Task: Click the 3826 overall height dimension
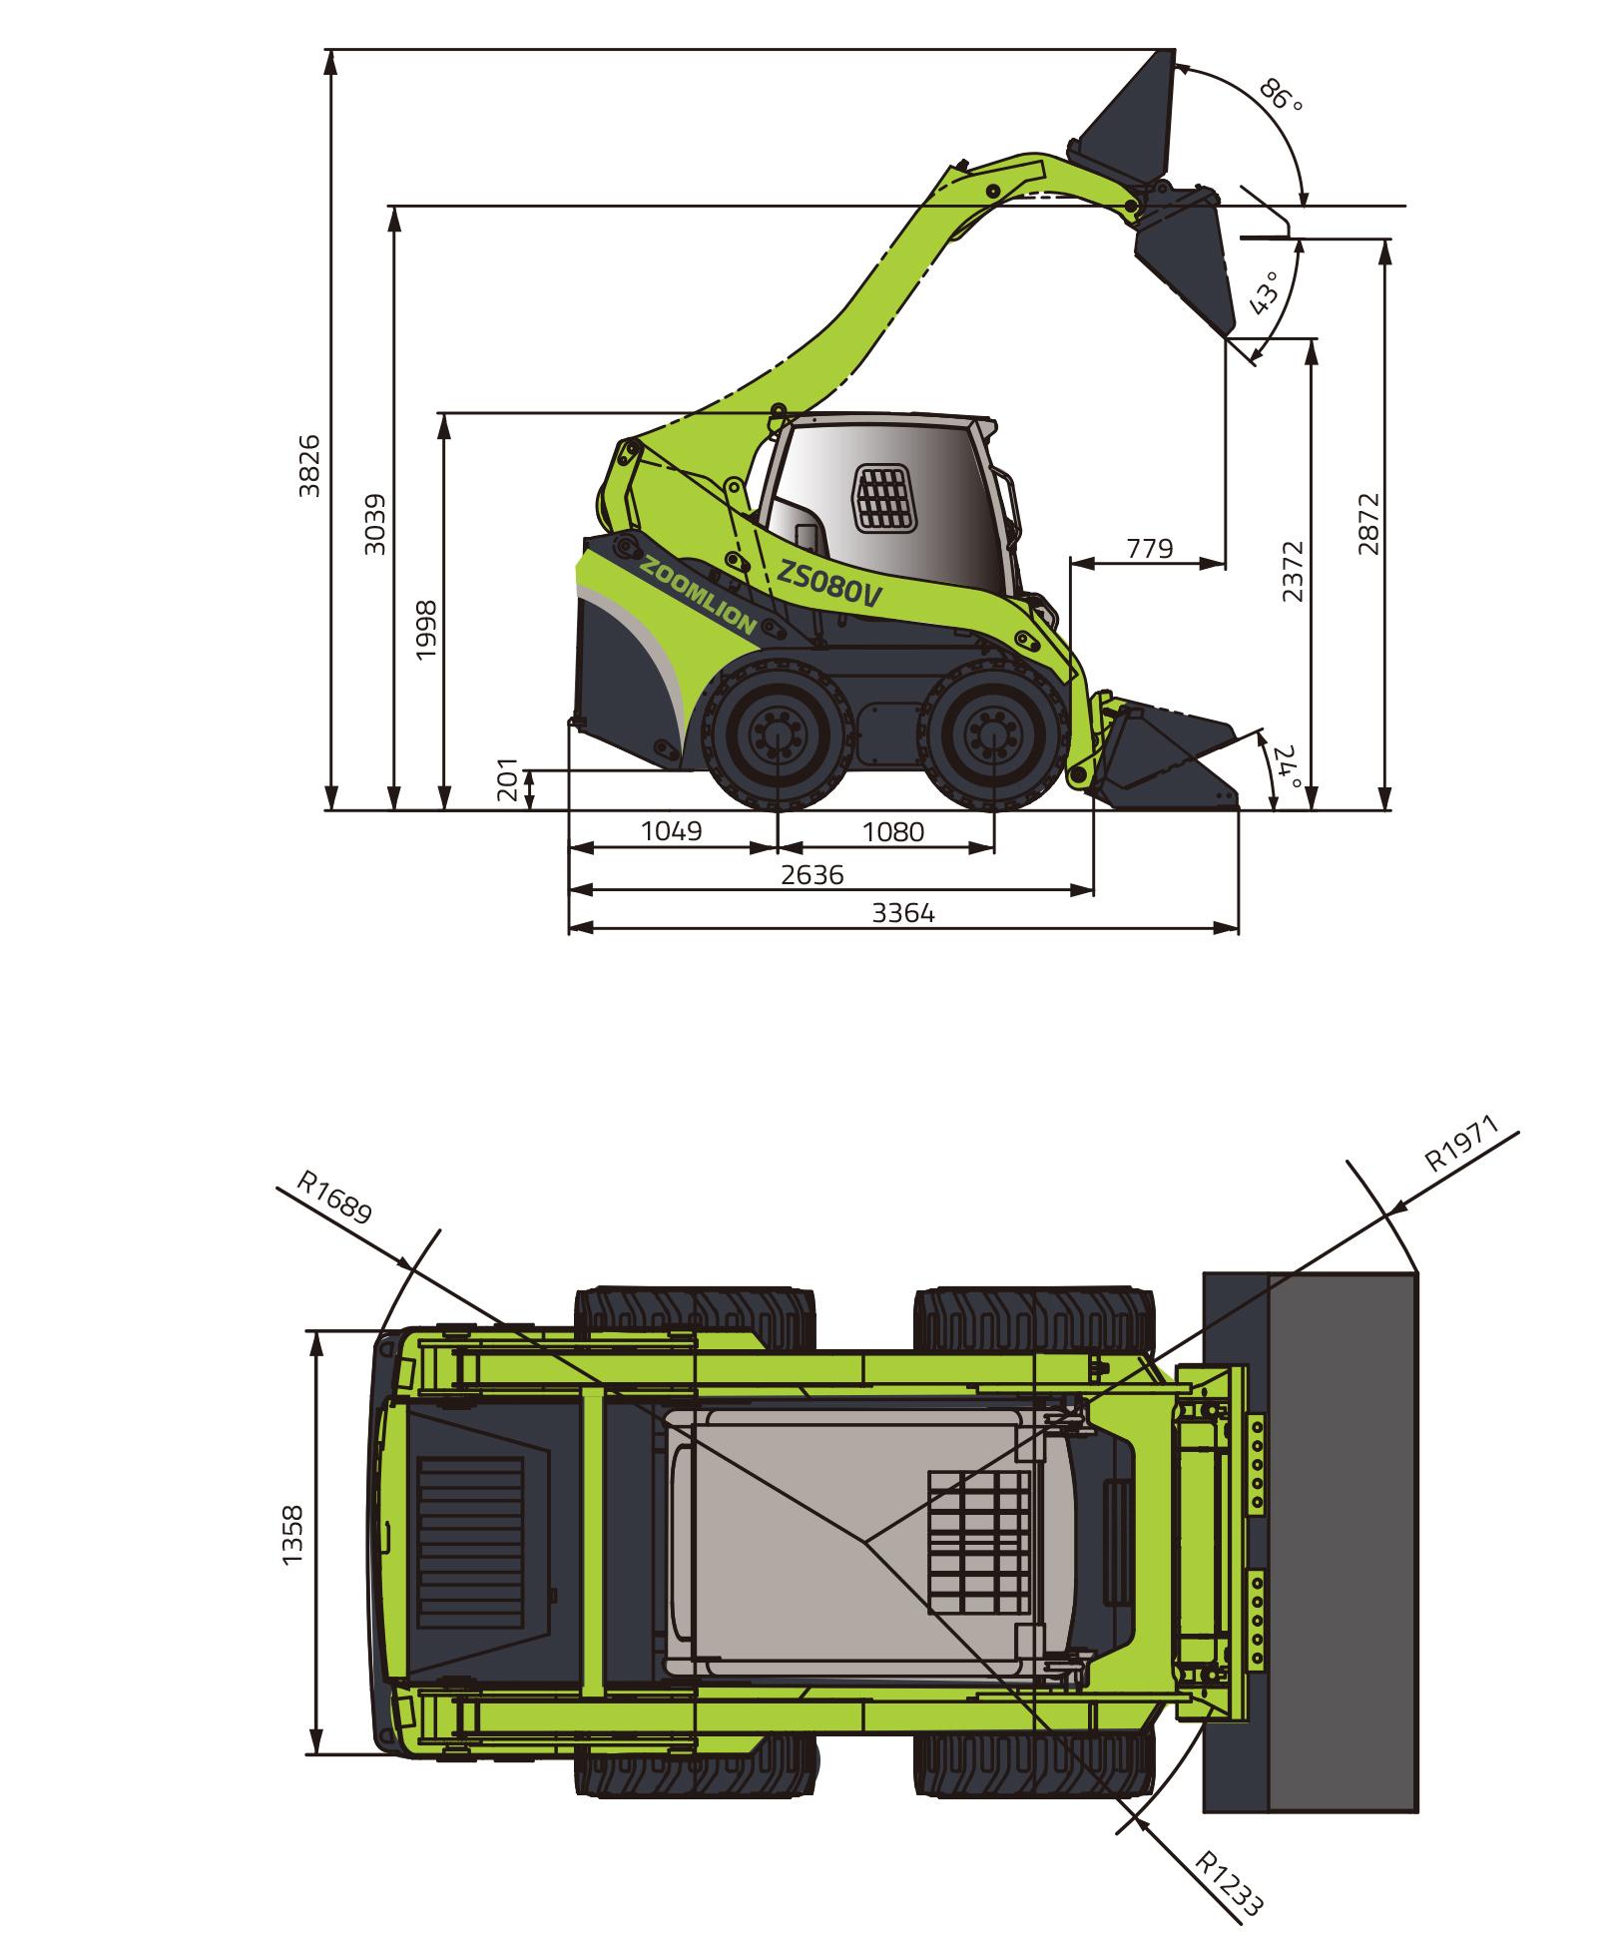tap(310, 465)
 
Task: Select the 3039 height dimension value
tap(375, 524)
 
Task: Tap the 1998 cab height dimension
tap(427, 629)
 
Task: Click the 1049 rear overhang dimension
tap(672, 830)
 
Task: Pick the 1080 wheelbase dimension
tap(893, 830)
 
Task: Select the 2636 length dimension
tap(812, 875)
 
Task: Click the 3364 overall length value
tap(904, 912)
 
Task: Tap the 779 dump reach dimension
tap(1150, 548)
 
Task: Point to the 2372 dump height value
tap(1294, 571)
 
